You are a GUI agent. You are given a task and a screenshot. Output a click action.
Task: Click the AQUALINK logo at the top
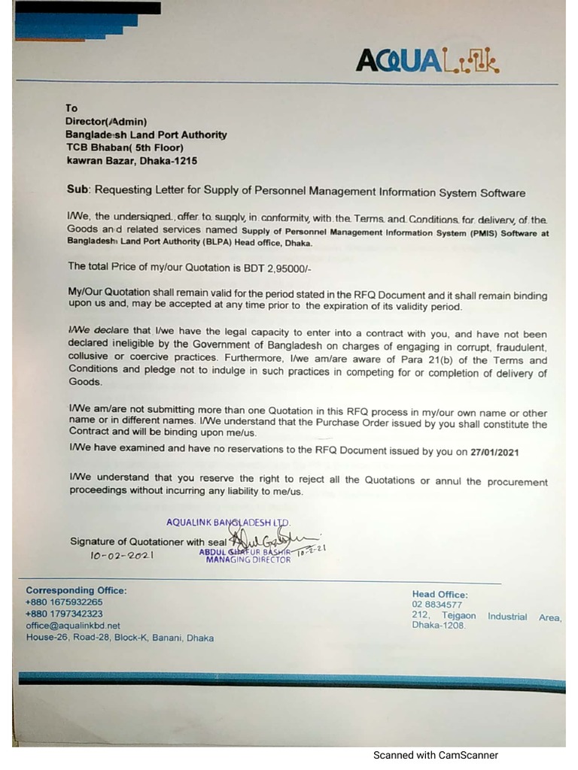[427, 59]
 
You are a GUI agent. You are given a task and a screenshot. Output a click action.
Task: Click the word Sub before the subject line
[79, 192]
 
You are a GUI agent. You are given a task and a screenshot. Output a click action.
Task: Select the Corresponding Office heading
[76, 590]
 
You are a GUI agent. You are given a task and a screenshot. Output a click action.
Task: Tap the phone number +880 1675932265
[64, 602]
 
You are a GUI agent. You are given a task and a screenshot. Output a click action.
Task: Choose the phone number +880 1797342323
[64, 614]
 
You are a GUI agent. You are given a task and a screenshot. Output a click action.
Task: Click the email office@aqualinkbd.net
[73, 626]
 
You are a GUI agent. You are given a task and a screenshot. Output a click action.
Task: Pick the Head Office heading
[440, 594]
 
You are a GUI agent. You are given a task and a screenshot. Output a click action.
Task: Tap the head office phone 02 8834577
[437, 605]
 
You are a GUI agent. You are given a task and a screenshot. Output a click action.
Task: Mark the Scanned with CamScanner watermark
[435, 755]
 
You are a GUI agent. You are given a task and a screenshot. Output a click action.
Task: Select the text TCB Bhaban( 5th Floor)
[125, 147]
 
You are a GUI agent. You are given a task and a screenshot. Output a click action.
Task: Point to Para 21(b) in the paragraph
[439, 360]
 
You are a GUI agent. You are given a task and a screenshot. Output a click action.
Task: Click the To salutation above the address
[72, 108]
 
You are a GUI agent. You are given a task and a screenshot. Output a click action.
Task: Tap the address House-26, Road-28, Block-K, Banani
[120, 638]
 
